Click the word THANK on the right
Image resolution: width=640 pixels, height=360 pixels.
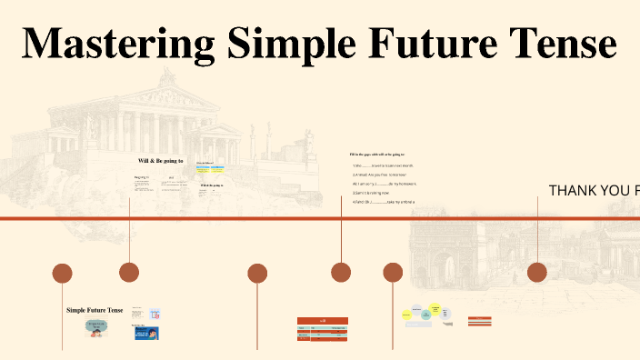click(574, 190)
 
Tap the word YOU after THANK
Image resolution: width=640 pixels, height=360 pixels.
click(616, 190)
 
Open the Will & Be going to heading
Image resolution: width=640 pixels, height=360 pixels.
click(160, 161)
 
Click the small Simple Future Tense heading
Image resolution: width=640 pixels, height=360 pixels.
click(95, 310)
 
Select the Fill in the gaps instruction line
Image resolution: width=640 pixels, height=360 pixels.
click(377, 155)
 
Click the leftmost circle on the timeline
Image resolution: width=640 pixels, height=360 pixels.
click(62, 273)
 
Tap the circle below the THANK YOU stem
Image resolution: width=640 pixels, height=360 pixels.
click(537, 273)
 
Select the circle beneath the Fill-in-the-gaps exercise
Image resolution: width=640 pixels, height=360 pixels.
click(341, 272)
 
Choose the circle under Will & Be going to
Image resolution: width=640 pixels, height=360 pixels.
click(129, 272)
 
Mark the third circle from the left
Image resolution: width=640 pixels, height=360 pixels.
click(257, 273)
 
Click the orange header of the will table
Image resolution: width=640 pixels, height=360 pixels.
click(322, 320)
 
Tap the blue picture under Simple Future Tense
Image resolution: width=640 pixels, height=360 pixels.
click(146, 334)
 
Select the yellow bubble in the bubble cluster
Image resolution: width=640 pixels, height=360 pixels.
click(435, 310)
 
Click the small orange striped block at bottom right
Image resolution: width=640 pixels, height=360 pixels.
click(480, 320)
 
